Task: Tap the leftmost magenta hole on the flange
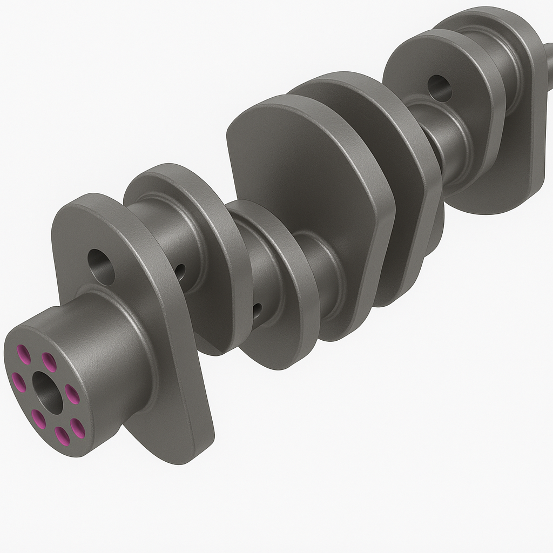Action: coord(18,382)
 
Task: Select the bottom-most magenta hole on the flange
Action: coord(63,435)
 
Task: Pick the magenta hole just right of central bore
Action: coord(72,394)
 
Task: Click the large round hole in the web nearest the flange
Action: coord(102,267)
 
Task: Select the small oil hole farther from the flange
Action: coord(258,310)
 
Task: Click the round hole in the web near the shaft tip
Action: coord(440,88)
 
